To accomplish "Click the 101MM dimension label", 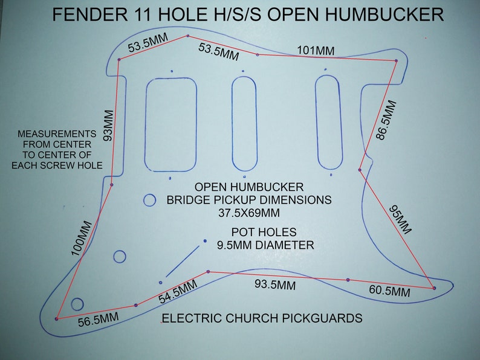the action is pos(316,51).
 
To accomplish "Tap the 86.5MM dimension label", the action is pos(386,120).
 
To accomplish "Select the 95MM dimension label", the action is pos(400,220).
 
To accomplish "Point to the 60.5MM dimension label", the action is pos(389,291).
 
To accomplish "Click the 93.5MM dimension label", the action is pos(275,284).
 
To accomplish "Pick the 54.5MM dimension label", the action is pos(178,292).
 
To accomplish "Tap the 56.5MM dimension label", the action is pos(99,320).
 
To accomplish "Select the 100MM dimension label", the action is pos(82,239).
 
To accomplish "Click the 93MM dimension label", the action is pos(109,126).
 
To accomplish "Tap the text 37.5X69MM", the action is pos(249,213).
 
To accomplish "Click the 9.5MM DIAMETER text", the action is pos(265,245).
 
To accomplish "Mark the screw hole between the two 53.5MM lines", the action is pos(187,36).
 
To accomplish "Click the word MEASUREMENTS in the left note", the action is pos(57,134).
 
